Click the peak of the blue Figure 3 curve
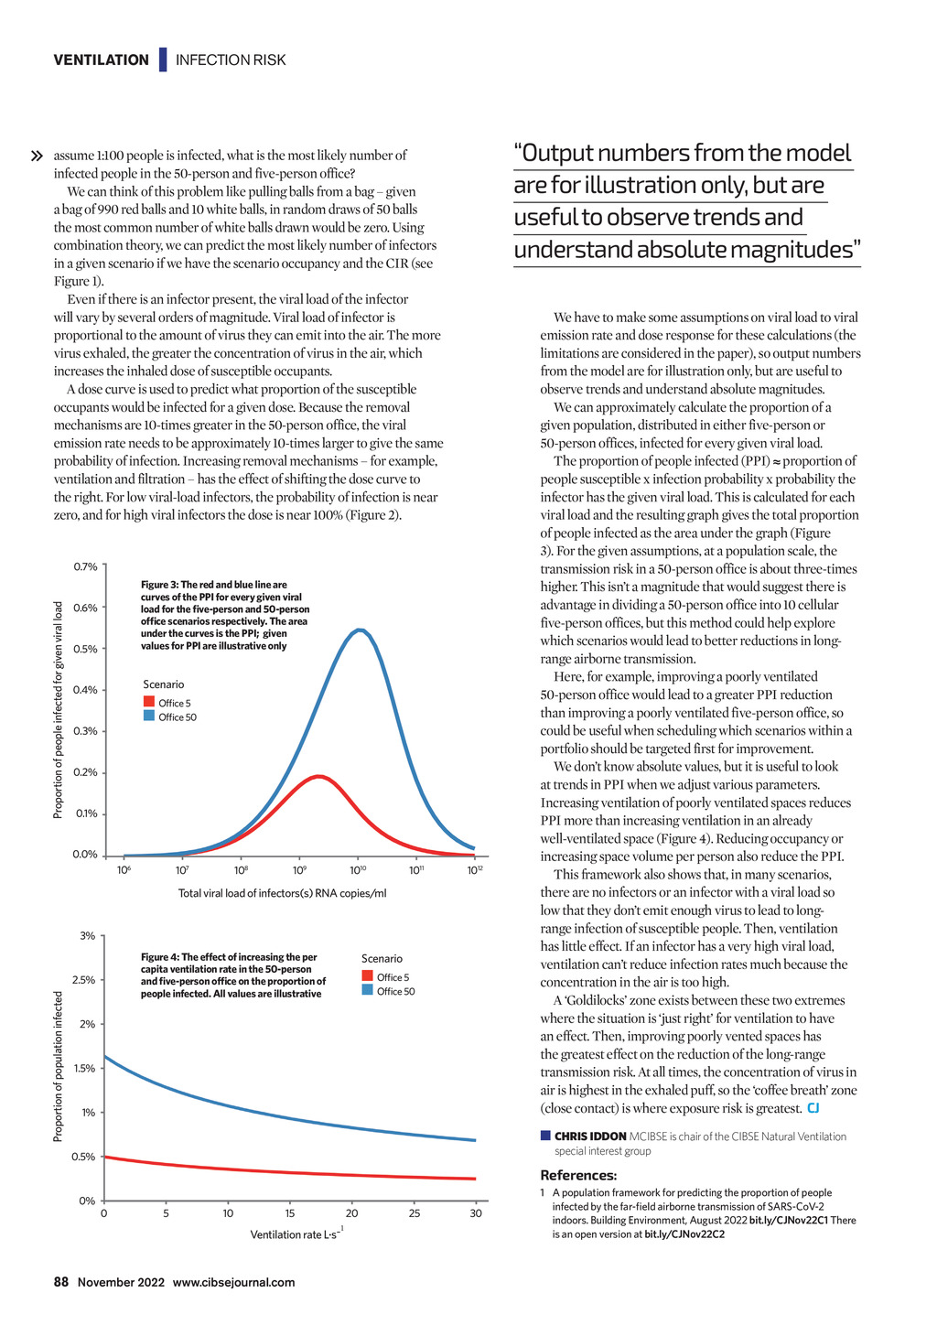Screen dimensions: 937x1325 coord(360,630)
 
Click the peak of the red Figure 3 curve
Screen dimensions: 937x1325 coord(318,776)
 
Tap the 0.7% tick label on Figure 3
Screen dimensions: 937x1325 coord(85,566)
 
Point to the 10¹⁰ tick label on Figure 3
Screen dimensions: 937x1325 coord(358,870)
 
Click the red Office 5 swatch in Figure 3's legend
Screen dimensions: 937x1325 coord(149,702)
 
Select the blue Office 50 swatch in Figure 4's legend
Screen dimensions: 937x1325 coord(367,989)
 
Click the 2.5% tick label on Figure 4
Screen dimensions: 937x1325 coord(83,980)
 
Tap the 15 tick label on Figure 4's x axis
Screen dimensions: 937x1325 coord(290,1213)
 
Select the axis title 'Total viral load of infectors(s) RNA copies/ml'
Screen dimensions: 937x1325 coord(282,892)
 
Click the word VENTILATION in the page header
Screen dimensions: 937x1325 coord(102,59)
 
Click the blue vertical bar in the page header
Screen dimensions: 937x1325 coord(163,59)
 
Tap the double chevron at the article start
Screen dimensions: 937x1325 coord(37,156)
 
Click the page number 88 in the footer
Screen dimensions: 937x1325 coord(61,1282)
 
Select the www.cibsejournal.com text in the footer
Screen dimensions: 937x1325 coord(233,1282)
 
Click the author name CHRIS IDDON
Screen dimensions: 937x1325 coord(590,1136)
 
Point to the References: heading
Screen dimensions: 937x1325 coord(578,1175)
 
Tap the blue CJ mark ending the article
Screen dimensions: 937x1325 coord(813,1107)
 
